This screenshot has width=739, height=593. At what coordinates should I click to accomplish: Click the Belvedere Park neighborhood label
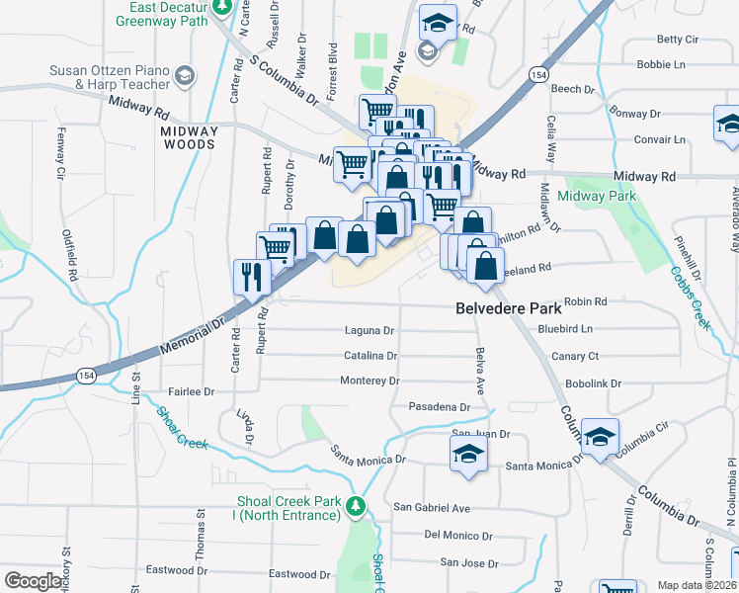tap(509, 307)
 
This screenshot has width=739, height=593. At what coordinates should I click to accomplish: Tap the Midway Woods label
tap(189, 137)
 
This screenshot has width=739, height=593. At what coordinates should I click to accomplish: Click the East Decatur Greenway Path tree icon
tap(223, 7)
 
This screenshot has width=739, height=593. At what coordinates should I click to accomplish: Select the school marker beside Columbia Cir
tap(600, 437)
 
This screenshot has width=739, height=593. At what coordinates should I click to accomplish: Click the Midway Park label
tap(597, 196)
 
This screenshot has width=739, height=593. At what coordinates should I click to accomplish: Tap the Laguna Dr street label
tap(369, 330)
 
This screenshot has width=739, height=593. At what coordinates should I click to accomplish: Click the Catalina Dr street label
tap(370, 355)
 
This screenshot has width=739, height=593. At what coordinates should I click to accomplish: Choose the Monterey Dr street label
tap(369, 381)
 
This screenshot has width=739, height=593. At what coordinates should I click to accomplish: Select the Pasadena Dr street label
tap(439, 407)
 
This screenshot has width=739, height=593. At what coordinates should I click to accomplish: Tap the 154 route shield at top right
tap(537, 75)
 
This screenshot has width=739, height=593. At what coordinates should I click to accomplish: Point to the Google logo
tap(33, 581)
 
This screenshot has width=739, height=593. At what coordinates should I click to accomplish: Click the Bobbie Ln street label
tap(661, 65)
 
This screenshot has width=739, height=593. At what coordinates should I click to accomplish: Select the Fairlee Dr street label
tap(192, 392)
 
